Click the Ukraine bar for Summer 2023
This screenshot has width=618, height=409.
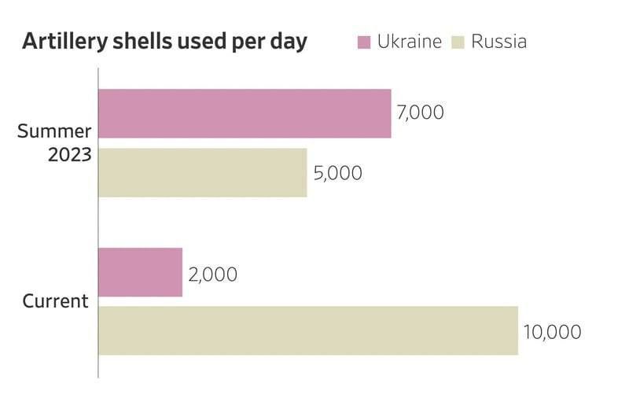pyautogui.click(x=245, y=113)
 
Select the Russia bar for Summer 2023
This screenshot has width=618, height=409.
pyautogui.click(x=202, y=172)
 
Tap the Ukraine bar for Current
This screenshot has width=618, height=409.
pyautogui.click(x=140, y=272)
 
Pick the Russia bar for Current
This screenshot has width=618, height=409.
pyautogui.click(x=307, y=330)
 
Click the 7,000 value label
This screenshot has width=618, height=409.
pyautogui.click(x=421, y=112)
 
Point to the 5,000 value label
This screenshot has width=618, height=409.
pyautogui.click(x=337, y=172)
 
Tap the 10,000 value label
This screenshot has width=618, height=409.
pyautogui.click(x=552, y=331)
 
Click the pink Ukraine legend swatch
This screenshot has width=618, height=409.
pyautogui.click(x=363, y=42)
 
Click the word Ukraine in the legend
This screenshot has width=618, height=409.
pyautogui.click(x=409, y=42)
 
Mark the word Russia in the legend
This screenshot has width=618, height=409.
pyautogui.click(x=498, y=42)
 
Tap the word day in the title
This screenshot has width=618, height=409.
pyautogui.click(x=289, y=43)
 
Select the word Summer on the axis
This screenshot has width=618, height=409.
pyautogui.click(x=54, y=131)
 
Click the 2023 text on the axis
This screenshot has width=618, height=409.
pyautogui.click(x=70, y=154)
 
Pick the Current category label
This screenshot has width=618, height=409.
pyautogui.click(x=55, y=301)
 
